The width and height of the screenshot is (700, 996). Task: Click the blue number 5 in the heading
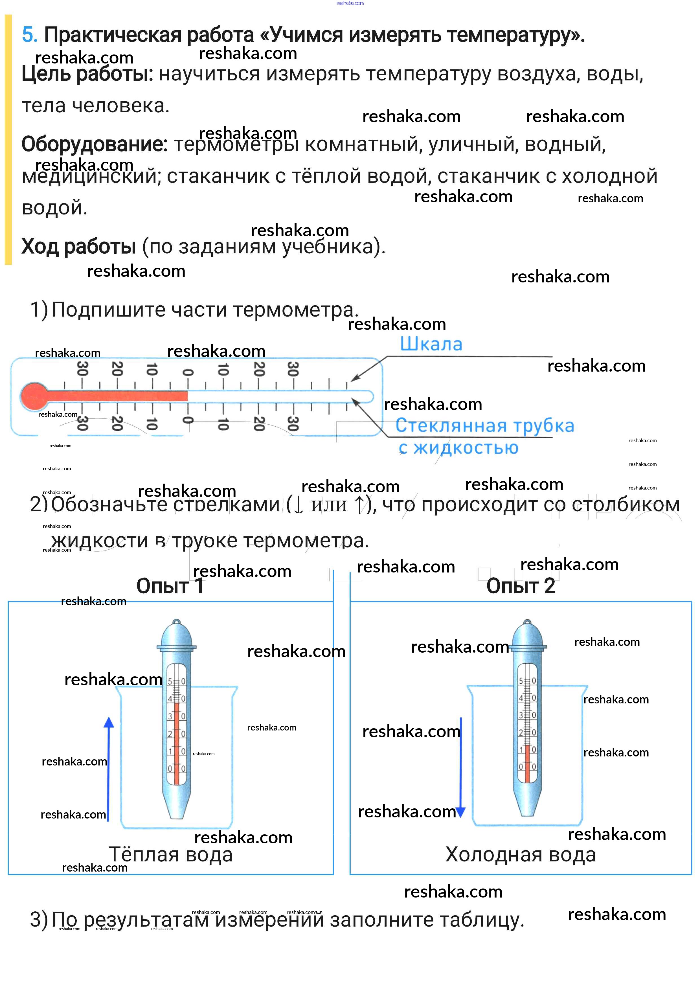[x=30, y=35]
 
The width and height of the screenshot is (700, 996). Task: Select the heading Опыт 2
[x=521, y=586]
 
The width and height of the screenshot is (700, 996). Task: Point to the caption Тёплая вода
[x=170, y=854]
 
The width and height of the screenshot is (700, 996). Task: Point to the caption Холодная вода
[x=521, y=854]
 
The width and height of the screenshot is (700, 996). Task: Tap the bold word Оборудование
[x=95, y=144]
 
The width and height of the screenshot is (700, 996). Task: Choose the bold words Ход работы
[x=78, y=246]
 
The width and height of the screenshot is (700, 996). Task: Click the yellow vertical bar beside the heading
[x=8, y=139]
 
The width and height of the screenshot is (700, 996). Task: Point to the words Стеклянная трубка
[x=484, y=425]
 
